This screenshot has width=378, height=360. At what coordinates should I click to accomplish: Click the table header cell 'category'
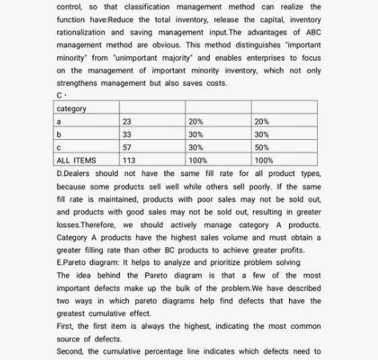pyautogui.click(x=71, y=109)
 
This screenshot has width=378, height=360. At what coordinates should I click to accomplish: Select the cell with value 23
pyautogui.click(x=127, y=122)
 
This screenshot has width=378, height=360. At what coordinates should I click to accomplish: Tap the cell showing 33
pyautogui.click(x=127, y=134)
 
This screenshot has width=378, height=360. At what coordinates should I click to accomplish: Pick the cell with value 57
pyautogui.click(x=127, y=147)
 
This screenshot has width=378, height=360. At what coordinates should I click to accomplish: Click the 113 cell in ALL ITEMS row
pyautogui.click(x=129, y=160)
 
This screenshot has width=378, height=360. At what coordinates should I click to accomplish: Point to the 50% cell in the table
pyautogui.click(x=261, y=147)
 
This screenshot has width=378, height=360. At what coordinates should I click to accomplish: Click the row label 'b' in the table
pyautogui.click(x=59, y=134)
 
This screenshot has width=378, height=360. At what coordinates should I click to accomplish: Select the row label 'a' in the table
pyautogui.click(x=59, y=122)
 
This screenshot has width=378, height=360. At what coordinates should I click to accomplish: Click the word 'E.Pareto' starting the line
pyautogui.click(x=74, y=262)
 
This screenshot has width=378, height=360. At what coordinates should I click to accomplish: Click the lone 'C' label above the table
pyautogui.click(x=59, y=96)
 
